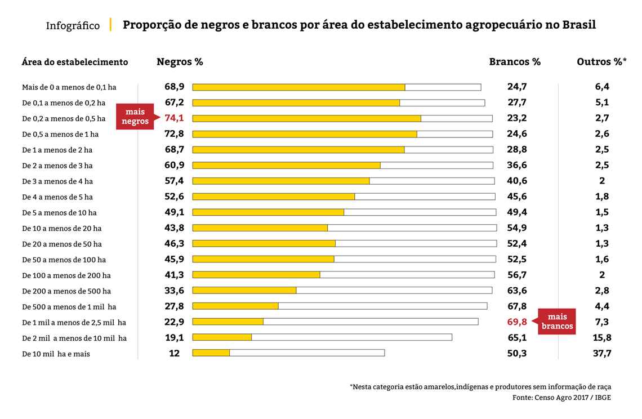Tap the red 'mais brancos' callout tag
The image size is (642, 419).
coord(556,322)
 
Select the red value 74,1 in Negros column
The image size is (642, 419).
coord(175,118)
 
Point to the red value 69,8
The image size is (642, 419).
coord(516,322)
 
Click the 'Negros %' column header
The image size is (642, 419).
coord(180,62)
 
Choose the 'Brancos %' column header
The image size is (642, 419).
coord(515,62)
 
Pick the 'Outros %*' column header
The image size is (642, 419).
coord(601,62)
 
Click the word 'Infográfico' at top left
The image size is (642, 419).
coord(73,26)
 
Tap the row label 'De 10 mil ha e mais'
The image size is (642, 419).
coord(56,354)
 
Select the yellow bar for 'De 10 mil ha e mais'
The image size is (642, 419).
coord(211,353)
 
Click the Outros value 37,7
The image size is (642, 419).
coord(601,354)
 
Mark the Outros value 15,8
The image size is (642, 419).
coord(601,338)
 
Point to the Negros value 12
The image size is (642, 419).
coord(175,354)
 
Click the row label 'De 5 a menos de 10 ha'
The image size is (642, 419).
coord(59,213)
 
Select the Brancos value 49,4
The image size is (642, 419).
coord(516,212)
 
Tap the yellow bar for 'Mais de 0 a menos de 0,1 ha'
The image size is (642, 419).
coord(298,87)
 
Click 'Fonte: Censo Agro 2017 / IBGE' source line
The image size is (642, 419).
coord(561,397)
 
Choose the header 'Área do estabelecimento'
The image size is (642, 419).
coord(75,62)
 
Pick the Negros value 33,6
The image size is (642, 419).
coord(174,291)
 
